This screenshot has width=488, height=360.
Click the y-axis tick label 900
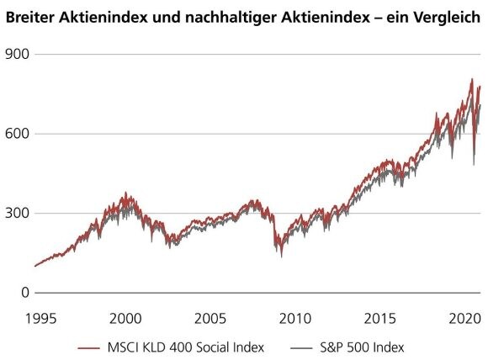[x=17, y=54]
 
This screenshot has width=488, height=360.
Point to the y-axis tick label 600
[x=17, y=134]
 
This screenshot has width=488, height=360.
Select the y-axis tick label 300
[x=17, y=213]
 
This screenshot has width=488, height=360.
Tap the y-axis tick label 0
[x=24, y=293]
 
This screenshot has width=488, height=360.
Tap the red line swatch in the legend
[x=94, y=347]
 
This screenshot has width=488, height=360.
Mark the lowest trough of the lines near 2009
[x=281, y=257]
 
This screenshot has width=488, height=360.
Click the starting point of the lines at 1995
[x=35, y=266]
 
